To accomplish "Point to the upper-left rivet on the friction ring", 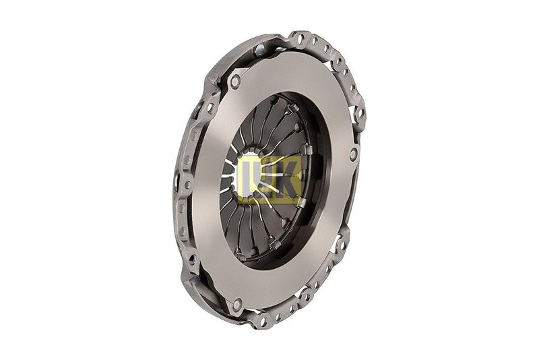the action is pyautogui.click(x=235, y=82).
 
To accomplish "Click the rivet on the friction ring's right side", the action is pyautogui.click(x=354, y=154).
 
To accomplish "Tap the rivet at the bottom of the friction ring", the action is pyautogui.click(x=237, y=304).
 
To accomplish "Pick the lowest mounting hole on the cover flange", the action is pyautogui.click(x=263, y=322).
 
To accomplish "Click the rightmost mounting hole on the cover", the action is pyautogui.click(x=360, y=112).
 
